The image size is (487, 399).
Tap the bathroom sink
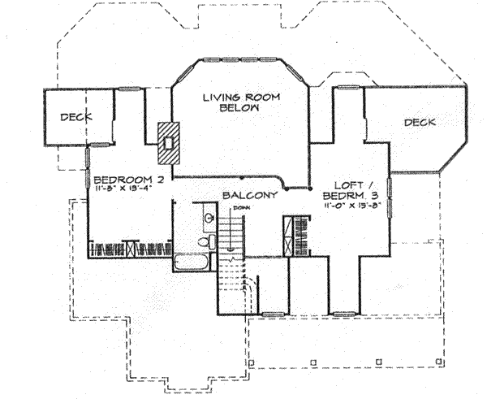coord(209,218)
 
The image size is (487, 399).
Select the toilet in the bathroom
coord(209,242)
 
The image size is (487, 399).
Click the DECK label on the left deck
coord(75,116)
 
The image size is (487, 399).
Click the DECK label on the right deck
coord(420,123)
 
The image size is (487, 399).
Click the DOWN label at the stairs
coord(238,208)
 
